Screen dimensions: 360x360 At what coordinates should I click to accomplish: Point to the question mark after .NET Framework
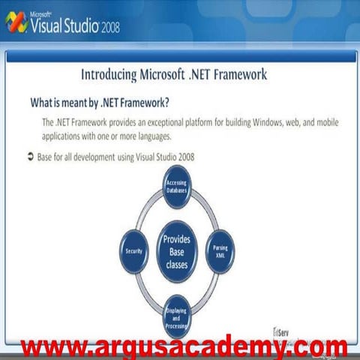tap(167, 103)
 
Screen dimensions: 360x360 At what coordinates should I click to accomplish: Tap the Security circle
tap(135, 251)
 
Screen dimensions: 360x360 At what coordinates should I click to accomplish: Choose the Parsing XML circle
tap(220, 251)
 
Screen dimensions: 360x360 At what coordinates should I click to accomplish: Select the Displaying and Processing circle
tap(177, 316)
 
